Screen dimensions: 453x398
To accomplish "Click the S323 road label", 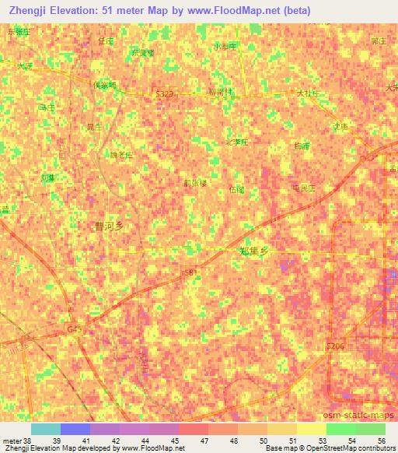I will [164, 93].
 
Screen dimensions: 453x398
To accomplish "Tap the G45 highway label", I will [75, 329].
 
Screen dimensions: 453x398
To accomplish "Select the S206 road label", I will [335, 345].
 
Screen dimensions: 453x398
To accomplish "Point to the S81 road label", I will [189, 272].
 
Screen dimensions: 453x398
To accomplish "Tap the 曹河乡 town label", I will [109, 226].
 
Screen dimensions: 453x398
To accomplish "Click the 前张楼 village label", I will [195, 184].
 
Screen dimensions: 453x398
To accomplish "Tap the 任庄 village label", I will [106, 40].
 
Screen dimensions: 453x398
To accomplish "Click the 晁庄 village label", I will [93, 125].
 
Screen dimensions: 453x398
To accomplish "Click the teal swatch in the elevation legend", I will [45, 429].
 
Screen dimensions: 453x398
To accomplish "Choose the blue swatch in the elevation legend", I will [75, 429].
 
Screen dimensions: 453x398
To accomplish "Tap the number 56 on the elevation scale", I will [381, 441].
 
